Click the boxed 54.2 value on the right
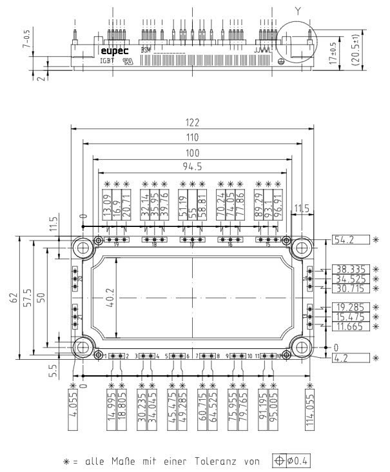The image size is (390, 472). point(349,240)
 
